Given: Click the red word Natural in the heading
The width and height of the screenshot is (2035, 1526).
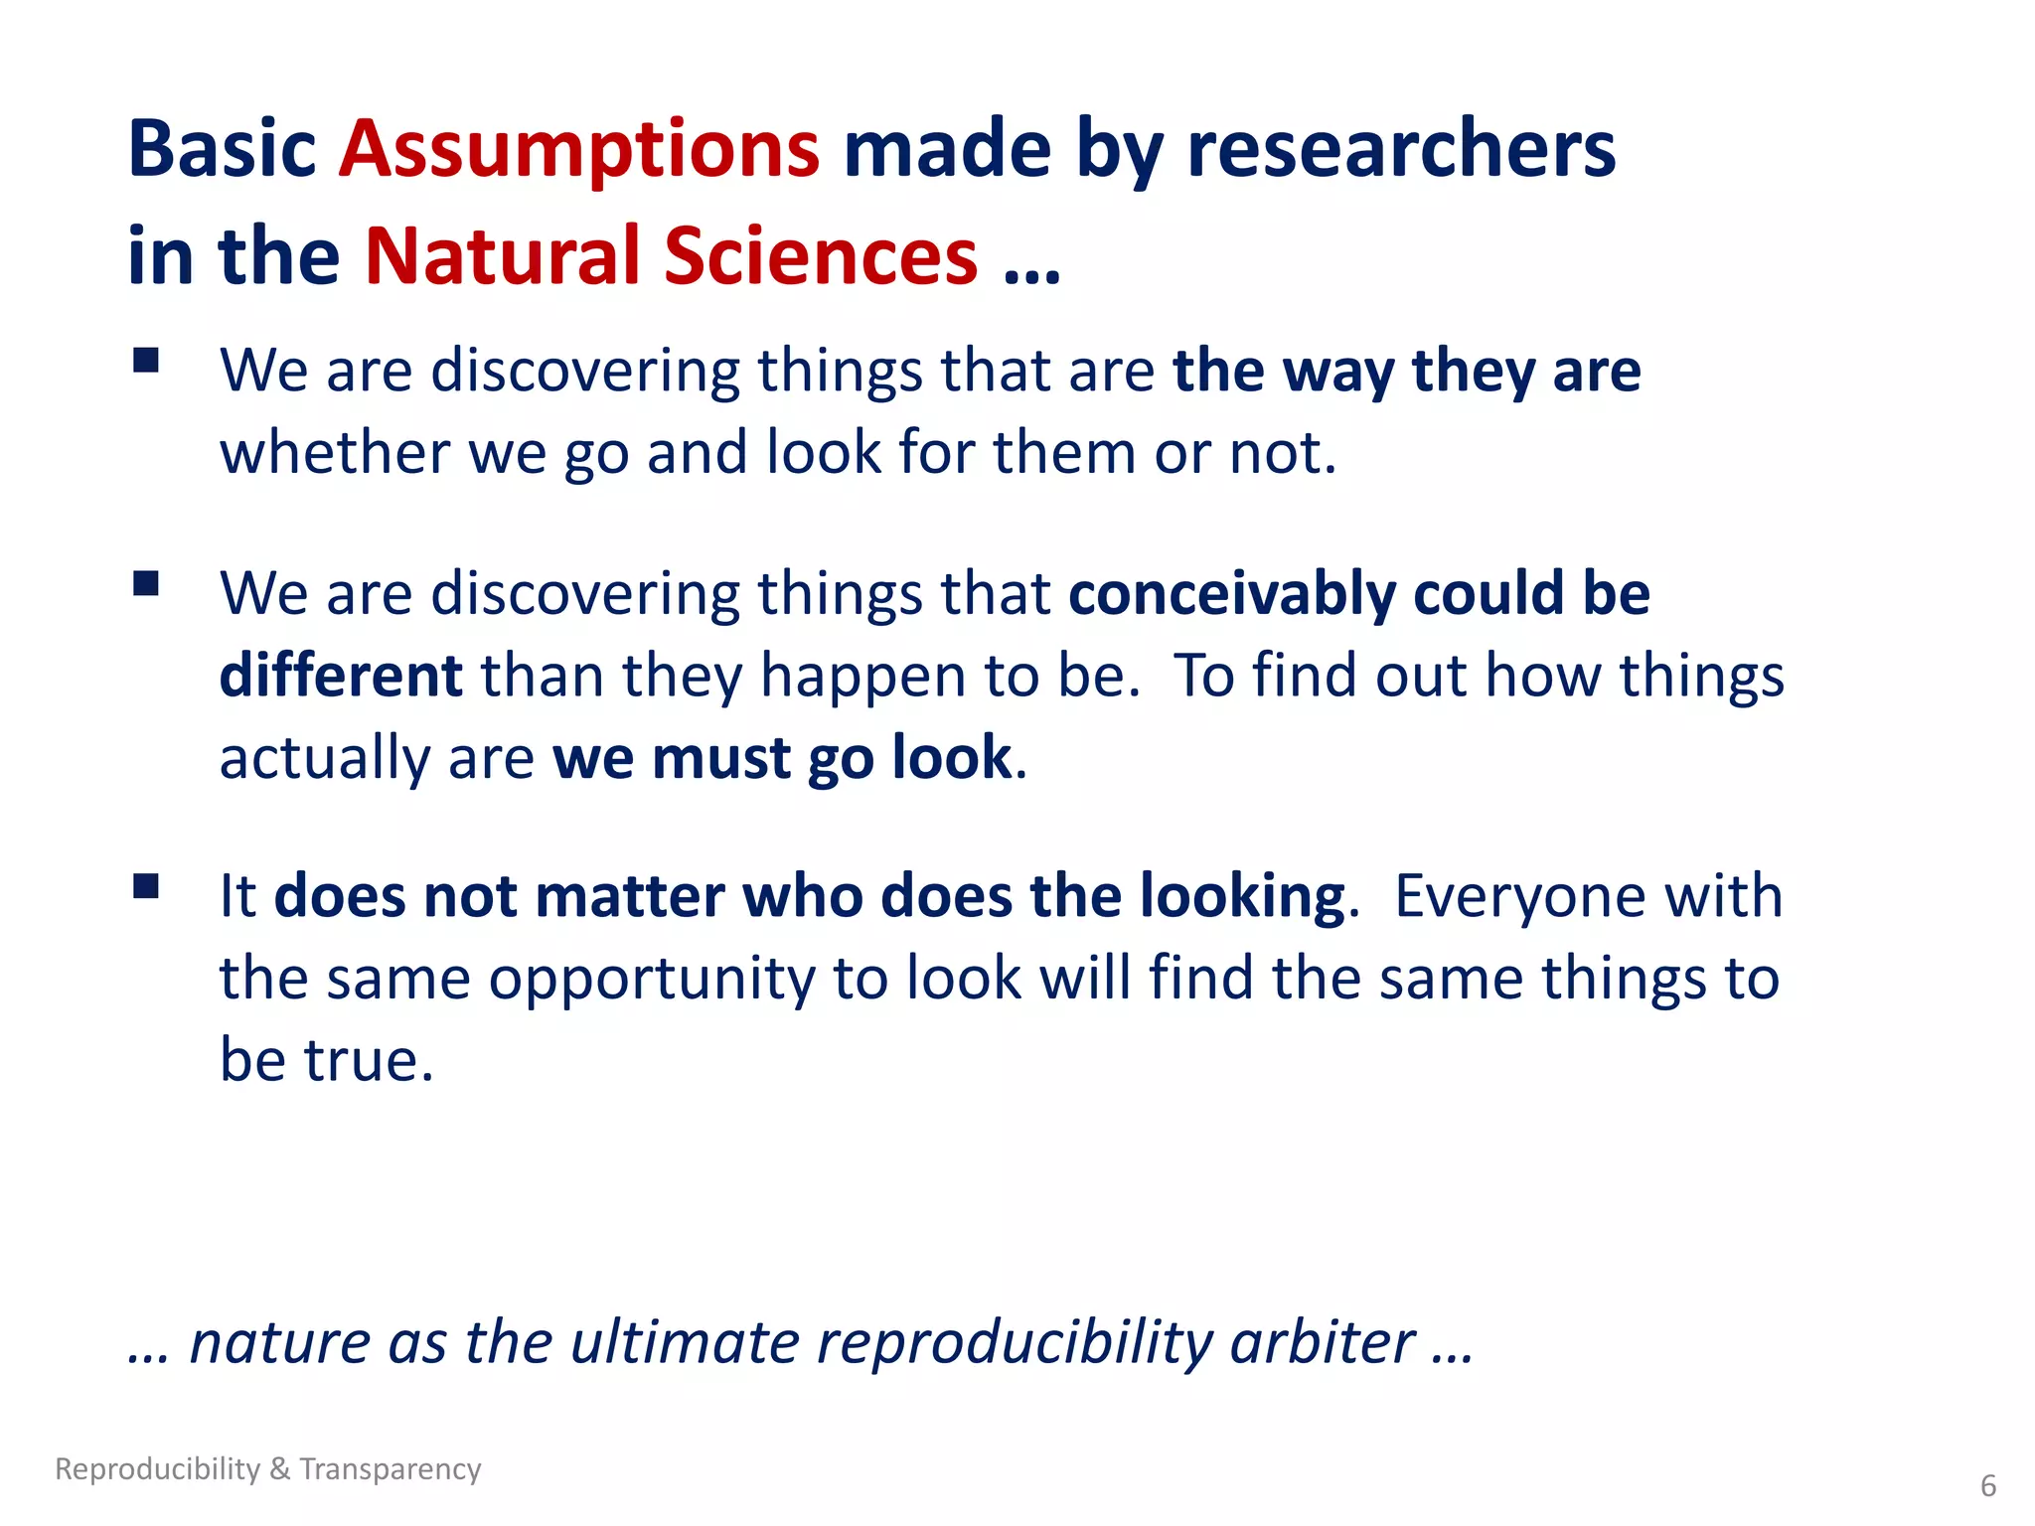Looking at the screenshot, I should tap(503, 256).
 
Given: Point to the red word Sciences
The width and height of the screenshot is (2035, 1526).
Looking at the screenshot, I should tap(820, 256).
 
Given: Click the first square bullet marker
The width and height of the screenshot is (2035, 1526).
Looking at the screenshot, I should tap(146, 360).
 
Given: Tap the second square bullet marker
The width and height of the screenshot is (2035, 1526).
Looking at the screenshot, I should tap(146, 583).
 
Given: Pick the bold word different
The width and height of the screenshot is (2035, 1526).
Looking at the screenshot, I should tap(341, 677).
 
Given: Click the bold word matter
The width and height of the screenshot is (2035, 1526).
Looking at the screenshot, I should tap(630, 897).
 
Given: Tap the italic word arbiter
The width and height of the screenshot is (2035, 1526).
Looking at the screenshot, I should tap(1322, 1343).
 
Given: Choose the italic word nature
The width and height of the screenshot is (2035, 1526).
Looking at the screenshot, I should tap(279, 1343).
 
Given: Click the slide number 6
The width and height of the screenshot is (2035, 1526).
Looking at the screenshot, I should tap(1988, 1486).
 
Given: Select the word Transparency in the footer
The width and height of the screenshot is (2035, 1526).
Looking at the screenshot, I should tap(391, 1468).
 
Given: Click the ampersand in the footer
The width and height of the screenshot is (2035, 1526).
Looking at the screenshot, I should tap(279, 1468).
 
